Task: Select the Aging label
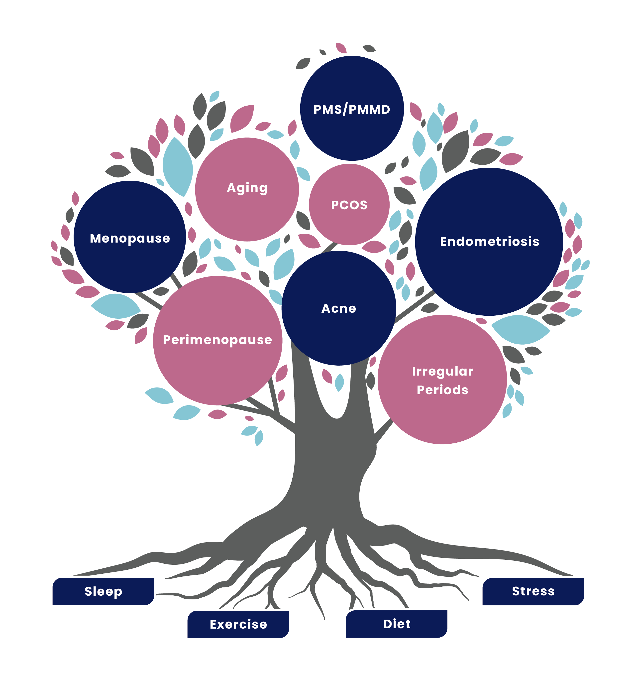point(247,188)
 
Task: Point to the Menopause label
point(130,238)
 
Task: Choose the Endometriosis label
point(489,242)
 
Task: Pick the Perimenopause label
point(217,340)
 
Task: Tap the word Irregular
point(442,371)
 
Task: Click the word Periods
point(442,390)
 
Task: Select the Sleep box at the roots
point(104,591)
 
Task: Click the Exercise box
point(238,624)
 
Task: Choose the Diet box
point(397,624)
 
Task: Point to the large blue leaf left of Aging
point(177,166)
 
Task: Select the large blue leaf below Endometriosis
point(521,329)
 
